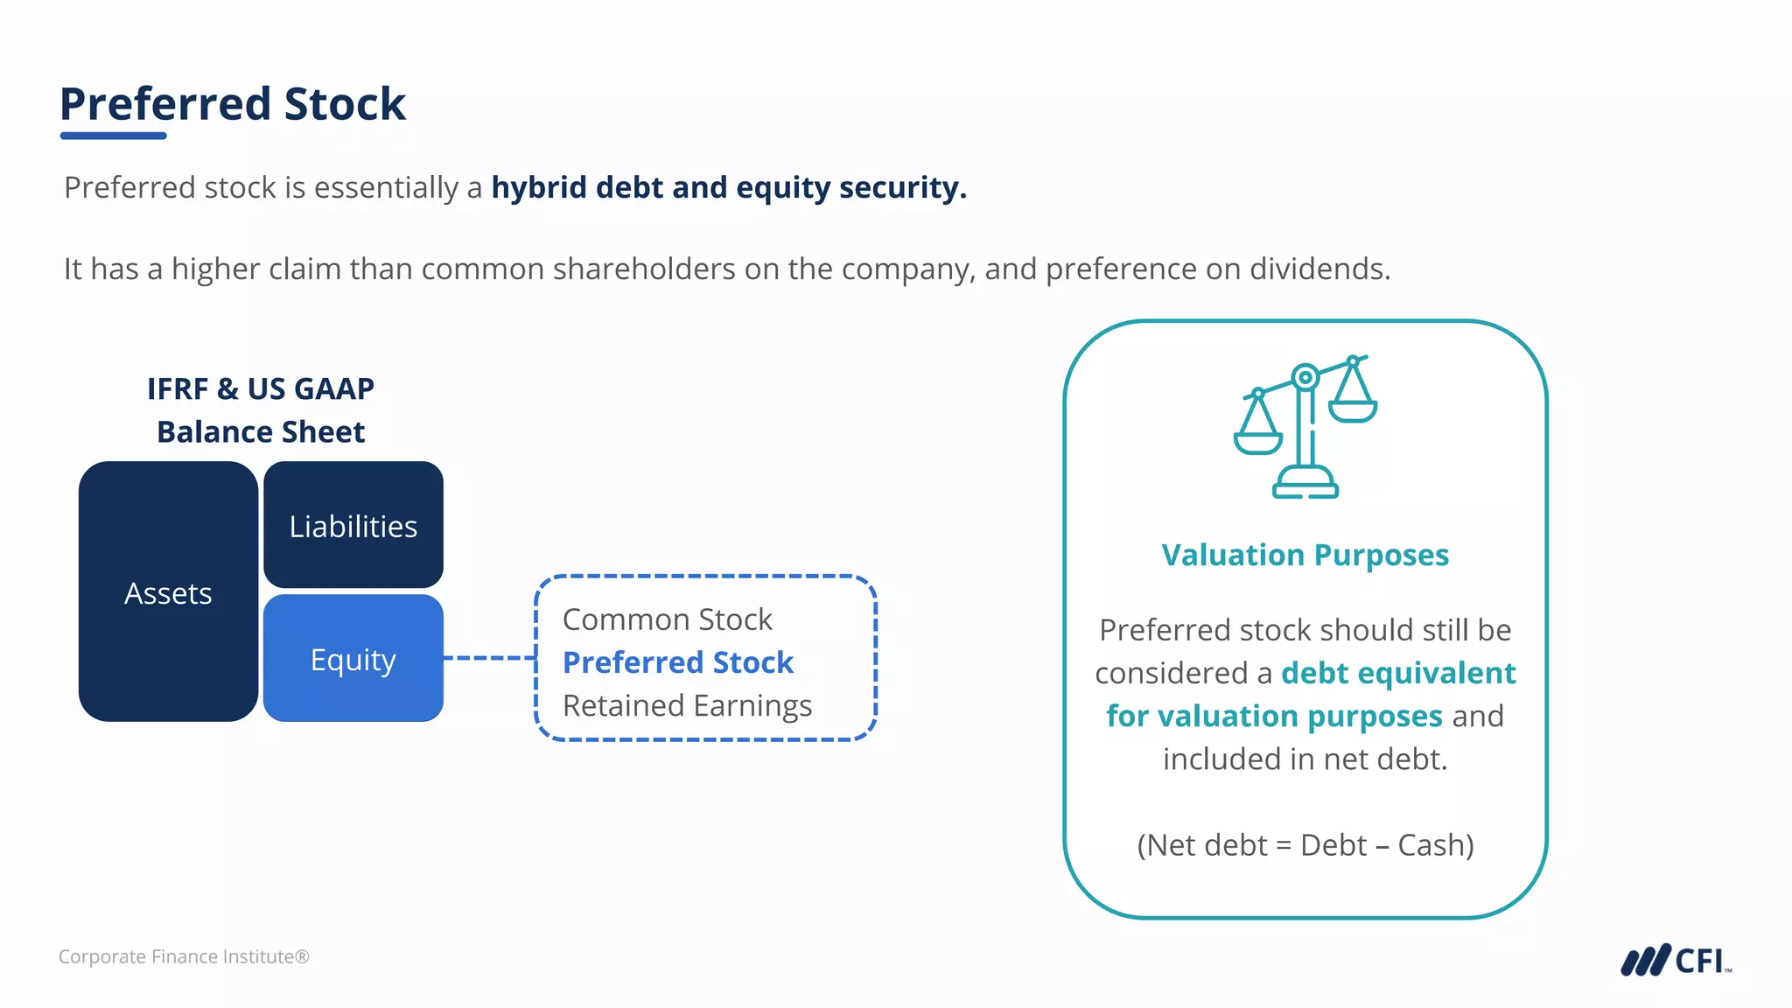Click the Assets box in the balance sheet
(x=168, y=592)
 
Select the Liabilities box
(x=353, y=526)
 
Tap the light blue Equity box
(x=353, y=659)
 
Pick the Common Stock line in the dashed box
(x=667, y=619)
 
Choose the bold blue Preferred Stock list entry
(x=678, y=662)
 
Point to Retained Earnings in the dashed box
(x=687, y=705)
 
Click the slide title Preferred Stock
(x=233, y=103)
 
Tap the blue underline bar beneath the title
(x=114, y=136)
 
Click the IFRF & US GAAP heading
(x=261, y=388)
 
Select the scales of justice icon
(x=1305, y=426)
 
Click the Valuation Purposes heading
(x=1305, y=555)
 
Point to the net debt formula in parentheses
(x=1305, y=845)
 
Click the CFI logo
(x=1675, y=960)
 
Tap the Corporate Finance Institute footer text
(x=184, y=956)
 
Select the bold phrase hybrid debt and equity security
(x=729, y=187)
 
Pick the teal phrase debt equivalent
(x=1398, y=673)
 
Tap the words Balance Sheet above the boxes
(x=261, y=431)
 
